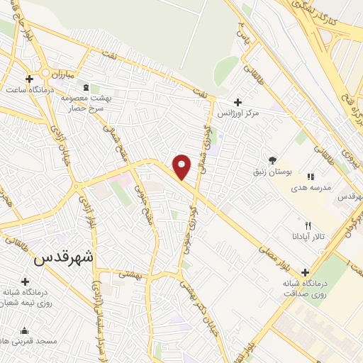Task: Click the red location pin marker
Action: (182, 166)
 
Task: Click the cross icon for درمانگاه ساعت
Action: (29, 79)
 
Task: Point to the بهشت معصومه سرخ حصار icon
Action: (86, 87)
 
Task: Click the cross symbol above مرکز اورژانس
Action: (238, 102)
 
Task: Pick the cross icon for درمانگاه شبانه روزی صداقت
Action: (306, 272)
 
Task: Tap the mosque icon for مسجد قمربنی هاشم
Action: (25, 330)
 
